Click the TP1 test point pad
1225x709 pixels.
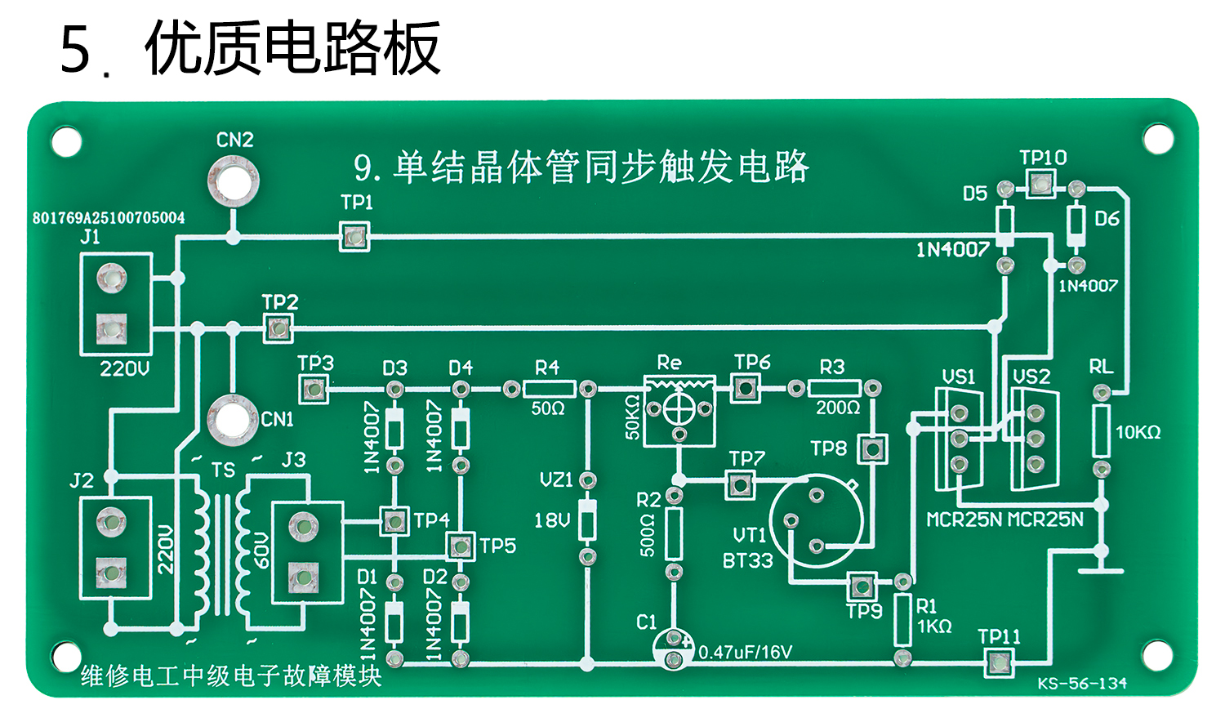coord(354,237)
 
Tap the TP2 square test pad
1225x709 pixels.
coord(278,328)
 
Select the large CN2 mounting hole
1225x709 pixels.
coord(234,181)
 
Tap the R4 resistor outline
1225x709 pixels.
coord(549,389)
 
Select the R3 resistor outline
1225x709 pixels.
coord(834,388)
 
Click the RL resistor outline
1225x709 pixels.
coord(1101,431)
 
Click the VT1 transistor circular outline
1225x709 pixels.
coord(816,520)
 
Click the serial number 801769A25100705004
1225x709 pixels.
coord(109,218)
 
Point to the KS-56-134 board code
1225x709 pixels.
coord(1082,683)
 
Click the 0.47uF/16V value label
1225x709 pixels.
coord(745,652)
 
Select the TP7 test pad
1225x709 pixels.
coord(740,484)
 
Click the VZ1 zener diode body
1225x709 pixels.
coord(587,519)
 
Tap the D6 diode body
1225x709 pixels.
coord(1076,221)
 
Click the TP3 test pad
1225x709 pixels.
coord(314,389)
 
